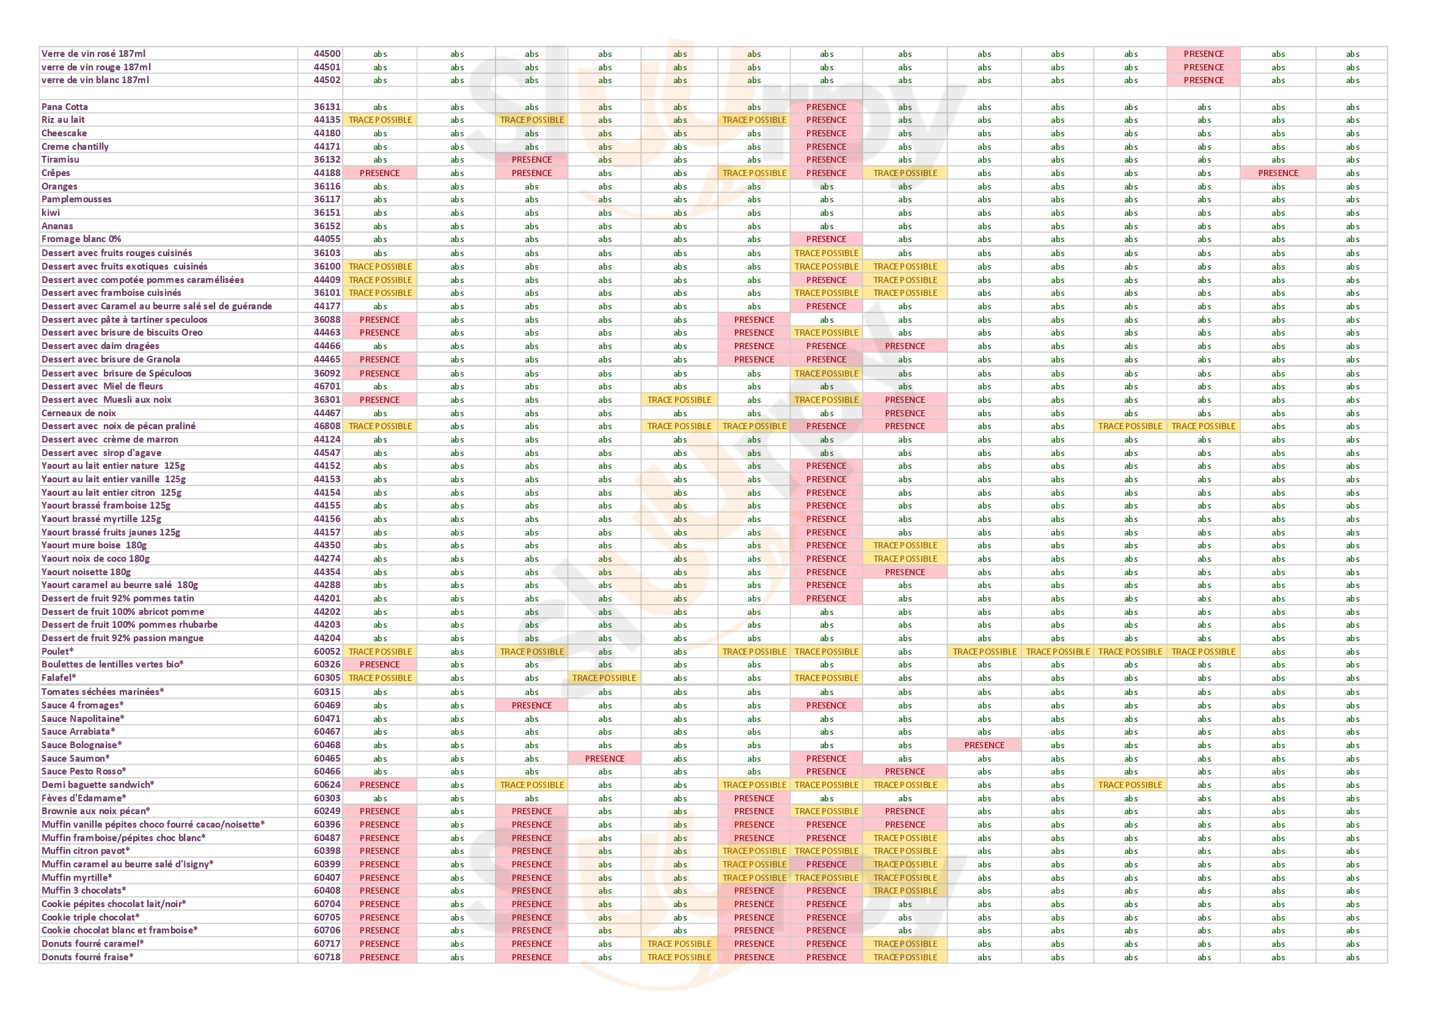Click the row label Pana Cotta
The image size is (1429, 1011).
[x=65, y=107]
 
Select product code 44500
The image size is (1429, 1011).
[x=327, y=54]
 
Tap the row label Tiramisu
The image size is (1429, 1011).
[x=60, y=160]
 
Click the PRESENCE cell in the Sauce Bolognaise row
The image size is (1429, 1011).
[x=984, y=745]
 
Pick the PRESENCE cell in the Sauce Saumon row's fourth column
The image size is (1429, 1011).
[x=604, y=759]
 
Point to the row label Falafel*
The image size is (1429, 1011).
[x=59, y=678]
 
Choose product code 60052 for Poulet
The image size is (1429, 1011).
[x=327, y=652]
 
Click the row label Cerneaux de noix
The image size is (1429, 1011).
[x=78, y=413]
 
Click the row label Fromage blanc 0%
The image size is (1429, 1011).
[x=81, y=239]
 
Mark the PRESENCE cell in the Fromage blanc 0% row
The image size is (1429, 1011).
[x=826, y=239]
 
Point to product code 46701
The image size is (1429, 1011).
[x=327, y=386]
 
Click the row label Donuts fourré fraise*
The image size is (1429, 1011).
[x=87, y=957]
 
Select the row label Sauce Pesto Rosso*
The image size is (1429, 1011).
[x=84, y=771]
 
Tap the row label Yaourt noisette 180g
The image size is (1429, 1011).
[x=86, y=572]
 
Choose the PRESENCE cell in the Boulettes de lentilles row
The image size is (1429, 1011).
[x=379, y=665]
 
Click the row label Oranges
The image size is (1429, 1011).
[x=59, y=187]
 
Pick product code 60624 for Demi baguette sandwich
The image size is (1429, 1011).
[x=327, y=785]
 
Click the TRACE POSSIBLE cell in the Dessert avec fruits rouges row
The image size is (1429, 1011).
[x=826, y=254]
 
